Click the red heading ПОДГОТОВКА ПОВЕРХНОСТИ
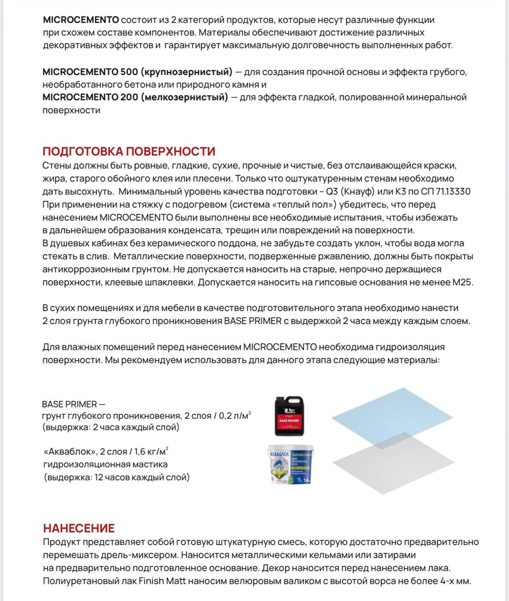pos(129,152)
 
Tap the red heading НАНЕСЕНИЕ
pos(79,528)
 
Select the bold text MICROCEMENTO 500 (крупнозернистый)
pos(137,72)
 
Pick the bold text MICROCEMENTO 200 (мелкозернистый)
pos(135,97)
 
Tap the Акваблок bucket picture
pos(290,464)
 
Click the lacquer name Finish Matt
pos(162,581)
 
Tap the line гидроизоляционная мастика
pos(105,464)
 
